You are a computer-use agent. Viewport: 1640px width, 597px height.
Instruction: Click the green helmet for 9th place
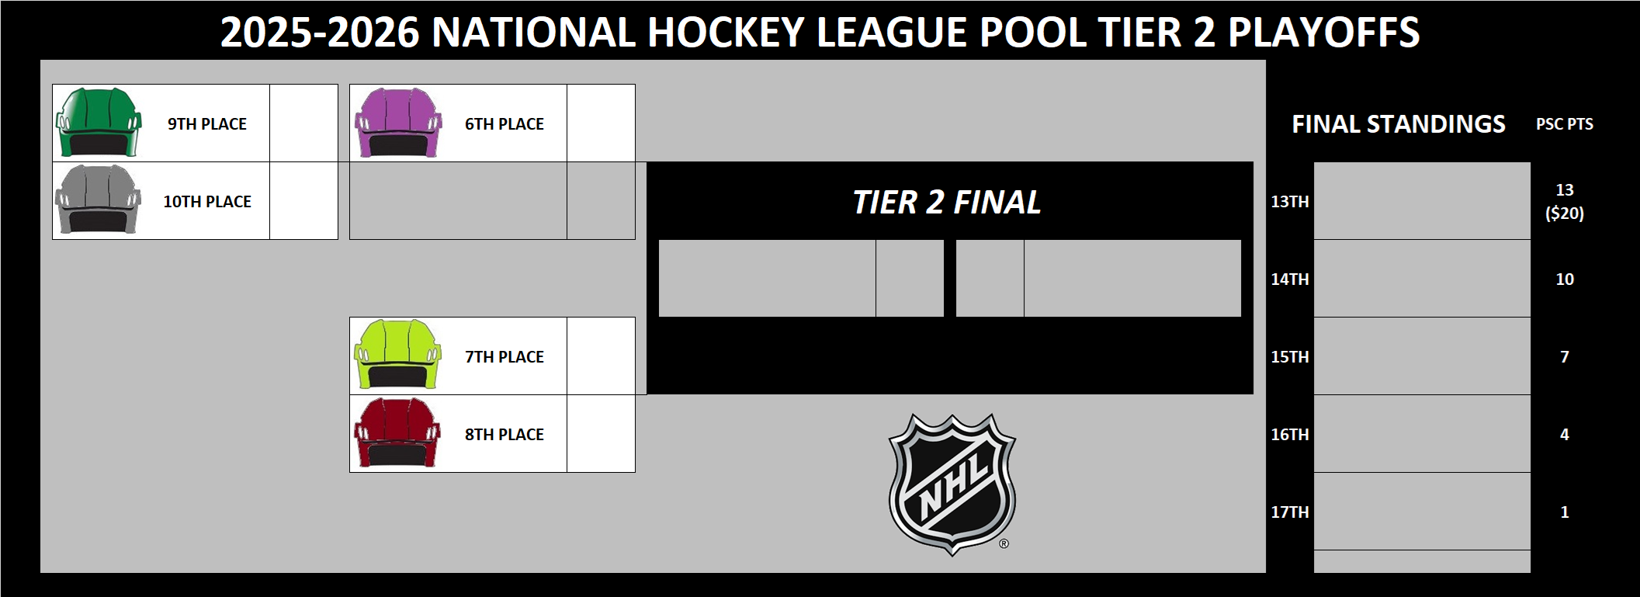tap(99, 123)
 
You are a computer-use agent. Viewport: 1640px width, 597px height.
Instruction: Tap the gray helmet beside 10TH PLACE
tap(99, 200)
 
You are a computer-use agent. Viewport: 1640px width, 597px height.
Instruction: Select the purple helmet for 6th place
tap(397, 123)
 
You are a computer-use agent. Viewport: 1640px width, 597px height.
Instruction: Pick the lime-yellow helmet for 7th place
tap(397, 355)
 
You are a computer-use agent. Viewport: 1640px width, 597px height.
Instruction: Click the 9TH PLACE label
tap(207, 124)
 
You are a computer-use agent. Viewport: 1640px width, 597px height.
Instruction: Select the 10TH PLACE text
tap(207, 202)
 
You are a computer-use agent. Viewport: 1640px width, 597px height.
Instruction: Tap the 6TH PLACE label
tap(504, 124)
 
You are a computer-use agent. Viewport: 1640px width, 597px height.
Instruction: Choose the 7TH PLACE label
tap(504, 357)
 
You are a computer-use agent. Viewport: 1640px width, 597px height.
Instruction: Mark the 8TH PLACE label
tap(504, 435)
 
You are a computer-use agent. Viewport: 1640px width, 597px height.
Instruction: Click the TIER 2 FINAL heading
tap(947, 203)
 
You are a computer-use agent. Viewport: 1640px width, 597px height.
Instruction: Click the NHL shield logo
tap(952, 484)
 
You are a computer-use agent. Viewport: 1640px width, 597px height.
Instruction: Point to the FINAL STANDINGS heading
tap(1399, 124)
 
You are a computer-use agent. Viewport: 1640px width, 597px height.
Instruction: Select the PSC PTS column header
tap(1565, 124)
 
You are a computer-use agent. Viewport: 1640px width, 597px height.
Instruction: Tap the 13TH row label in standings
tap(1290, 202)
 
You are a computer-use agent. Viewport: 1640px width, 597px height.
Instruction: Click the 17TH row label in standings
tap(1290, 512)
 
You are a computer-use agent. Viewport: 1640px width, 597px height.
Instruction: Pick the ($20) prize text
tap(1565, 213)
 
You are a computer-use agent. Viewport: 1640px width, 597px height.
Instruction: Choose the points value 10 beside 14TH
tap(1565, 279)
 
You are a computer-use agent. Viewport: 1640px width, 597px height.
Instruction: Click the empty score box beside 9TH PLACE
tap(303, 123)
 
